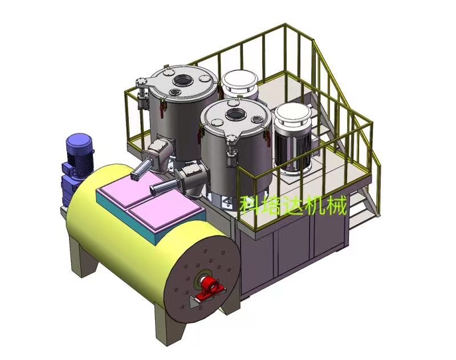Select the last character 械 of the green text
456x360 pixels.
click(336, 205)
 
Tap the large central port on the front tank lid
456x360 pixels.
click(234, 114)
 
